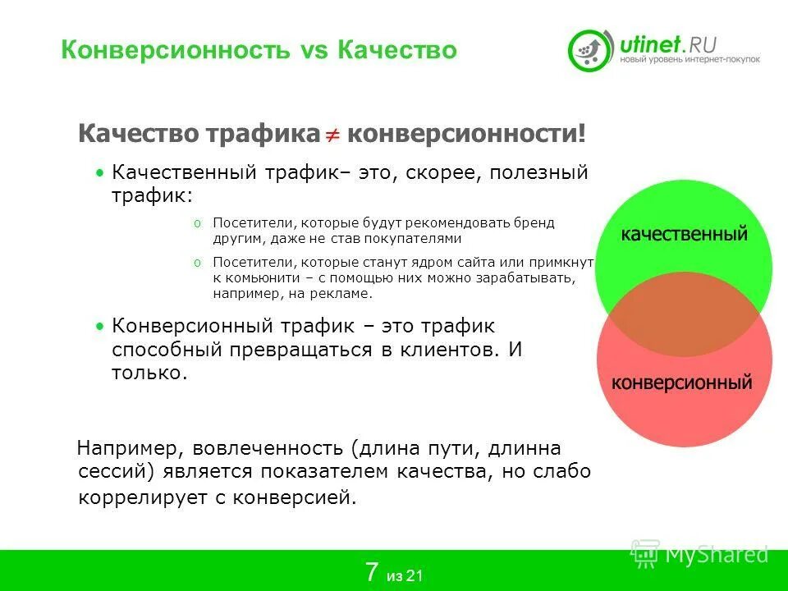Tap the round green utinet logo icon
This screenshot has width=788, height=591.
tap(591, 49)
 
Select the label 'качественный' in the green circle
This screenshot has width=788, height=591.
tap(684, 235)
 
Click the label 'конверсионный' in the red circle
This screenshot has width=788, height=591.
tap(682, 382)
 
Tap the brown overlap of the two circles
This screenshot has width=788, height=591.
tap(684, 314)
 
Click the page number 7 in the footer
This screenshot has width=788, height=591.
tap(372, 572)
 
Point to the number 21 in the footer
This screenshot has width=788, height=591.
tap(415, 575)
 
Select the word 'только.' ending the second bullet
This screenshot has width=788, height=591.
tap(149, 372)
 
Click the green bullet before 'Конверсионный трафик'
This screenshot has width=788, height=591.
tap(99, 326)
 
